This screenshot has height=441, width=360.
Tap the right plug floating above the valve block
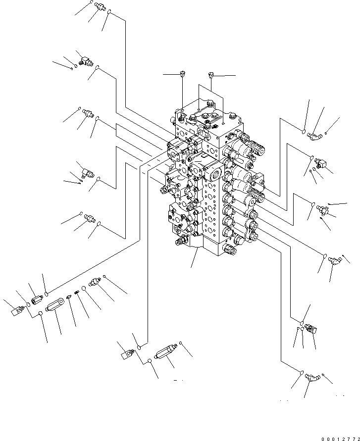click(x=211, y=75)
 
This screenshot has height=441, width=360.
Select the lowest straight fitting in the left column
click(x=90, y=217)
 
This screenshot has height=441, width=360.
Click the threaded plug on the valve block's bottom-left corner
click(x=179, y=241)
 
